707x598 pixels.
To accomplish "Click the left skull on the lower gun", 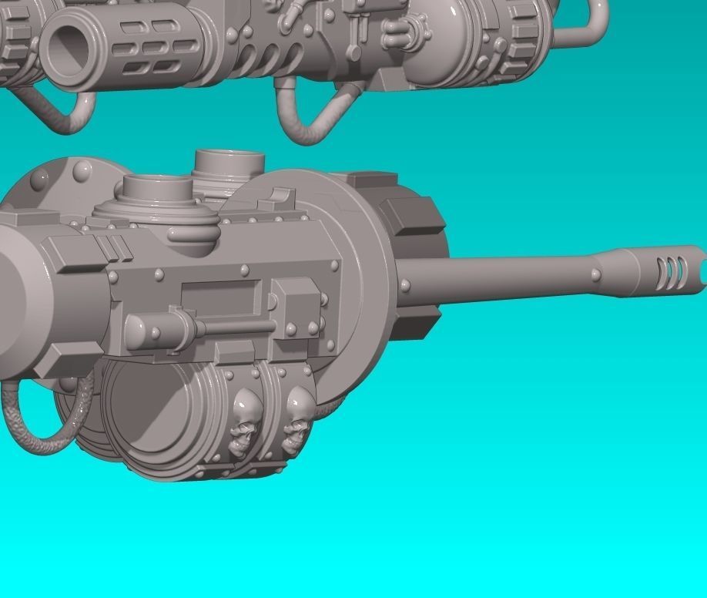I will (246, 420).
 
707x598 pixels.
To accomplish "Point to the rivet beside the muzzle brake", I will (596, 274).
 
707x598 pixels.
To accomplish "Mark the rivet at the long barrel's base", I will (406, 286).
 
